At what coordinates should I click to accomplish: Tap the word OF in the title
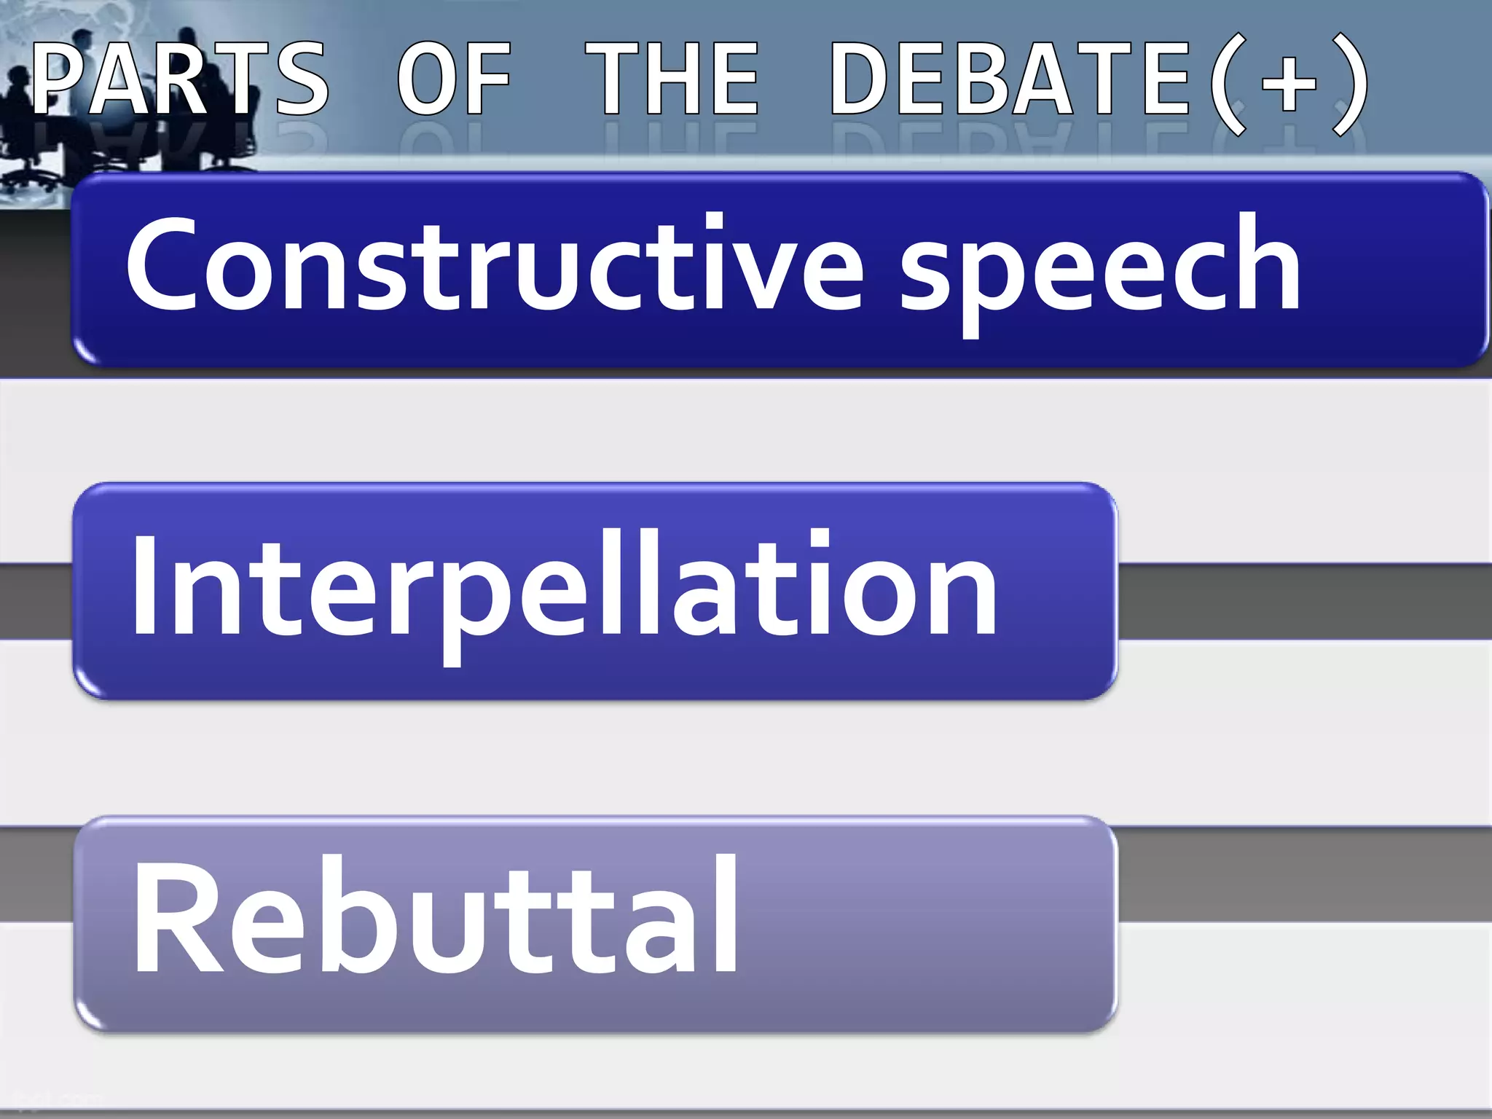[454, 78]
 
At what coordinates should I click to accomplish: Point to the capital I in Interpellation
[144, 583]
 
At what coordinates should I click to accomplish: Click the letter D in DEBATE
[863, 78]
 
